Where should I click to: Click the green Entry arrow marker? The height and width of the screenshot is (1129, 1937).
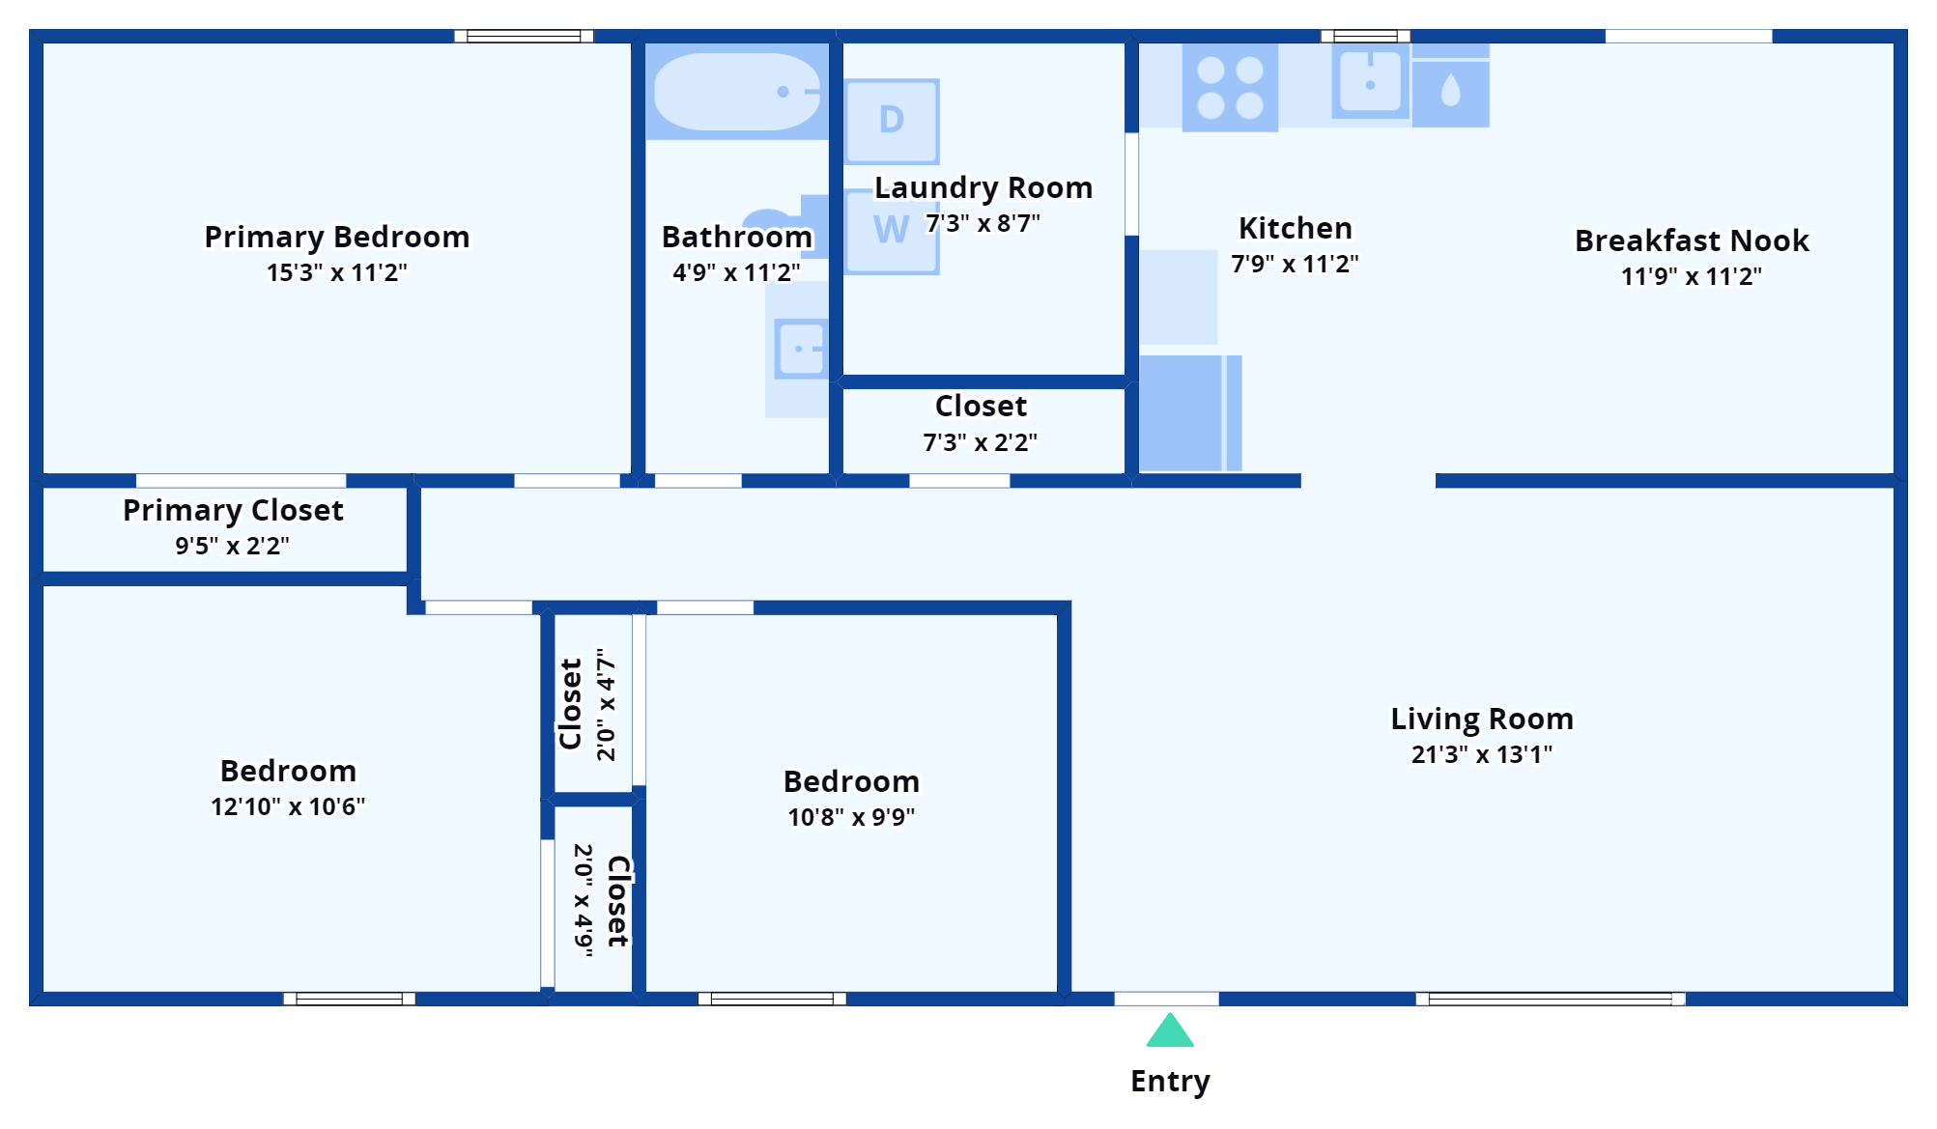pyautogui.click(x=1170, y=1030)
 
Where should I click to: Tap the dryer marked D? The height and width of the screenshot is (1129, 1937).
pyautogui.click(x=892, y=122)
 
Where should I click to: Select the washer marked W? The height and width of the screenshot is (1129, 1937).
pyautogui.click(x=892, y=232)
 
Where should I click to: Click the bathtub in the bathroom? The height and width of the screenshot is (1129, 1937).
pyautogui.click(x=737, y=92)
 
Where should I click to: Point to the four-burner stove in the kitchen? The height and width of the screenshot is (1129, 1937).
pyautogui.click(x=1230, y=87)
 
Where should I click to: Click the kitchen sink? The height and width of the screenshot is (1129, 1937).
pyautogui.click(x=1370, y=83)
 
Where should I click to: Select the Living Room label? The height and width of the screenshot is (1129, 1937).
pyautogui.click(x=1482, y=719)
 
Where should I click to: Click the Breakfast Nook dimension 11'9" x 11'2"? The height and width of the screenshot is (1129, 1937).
pyautogui.click(x=1692, y=276)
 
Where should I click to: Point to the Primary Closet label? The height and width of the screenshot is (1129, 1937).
pyautogui.click(x=233, y=510)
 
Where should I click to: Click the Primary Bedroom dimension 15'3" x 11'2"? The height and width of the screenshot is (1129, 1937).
pyautogui.click(x=337, y=272)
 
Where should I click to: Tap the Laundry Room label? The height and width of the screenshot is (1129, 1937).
pyautogui.click(x=983, y=187)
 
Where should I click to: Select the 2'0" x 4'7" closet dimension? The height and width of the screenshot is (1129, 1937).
pyautogui.click(x=606, y=704)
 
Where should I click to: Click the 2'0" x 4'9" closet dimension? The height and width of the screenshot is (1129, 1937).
pyautogui.click(x=584, y=900)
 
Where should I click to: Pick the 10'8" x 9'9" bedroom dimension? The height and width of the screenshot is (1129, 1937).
pyautogui.click(x=851, y=817)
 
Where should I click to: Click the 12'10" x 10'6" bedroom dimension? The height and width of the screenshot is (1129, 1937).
pyautogui.click(x=288, y=806)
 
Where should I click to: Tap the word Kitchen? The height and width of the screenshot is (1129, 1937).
pyautogui.click(x=1296, y=228)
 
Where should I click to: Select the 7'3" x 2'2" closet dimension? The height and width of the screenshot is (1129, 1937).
pyautogui.click(x=981, y=442)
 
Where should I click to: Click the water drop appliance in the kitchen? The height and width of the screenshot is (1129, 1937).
pyautogui.click(x=1450, y=93)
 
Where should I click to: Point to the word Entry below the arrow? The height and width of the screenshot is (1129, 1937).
pyautogui.click(x=1170, y=1082)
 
